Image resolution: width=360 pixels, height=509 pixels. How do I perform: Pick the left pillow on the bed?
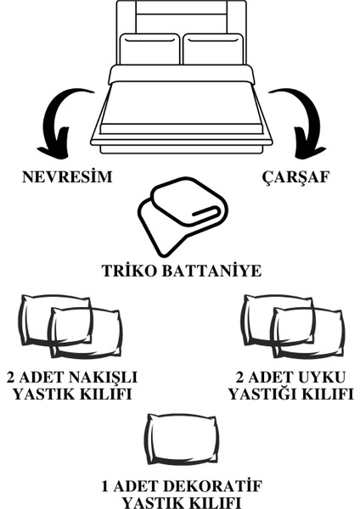[x=149, y=49]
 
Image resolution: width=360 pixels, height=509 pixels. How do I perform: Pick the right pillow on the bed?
[x=213, y=49]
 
